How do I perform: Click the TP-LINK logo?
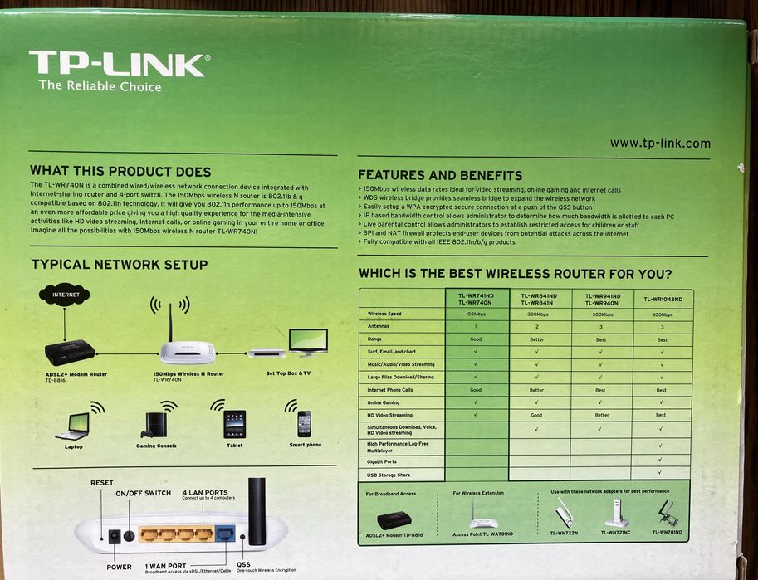118,65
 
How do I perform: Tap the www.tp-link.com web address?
660,143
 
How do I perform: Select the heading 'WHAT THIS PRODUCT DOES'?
120,171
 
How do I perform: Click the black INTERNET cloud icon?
66,295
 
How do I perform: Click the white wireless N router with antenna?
187,350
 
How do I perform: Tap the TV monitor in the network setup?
307,342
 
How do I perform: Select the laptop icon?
73,426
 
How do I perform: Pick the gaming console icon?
154,424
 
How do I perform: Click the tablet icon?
234,424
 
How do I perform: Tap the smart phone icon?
304,423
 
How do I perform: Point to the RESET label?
102,483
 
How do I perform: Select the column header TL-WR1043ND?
662,299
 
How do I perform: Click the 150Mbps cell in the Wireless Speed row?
476,314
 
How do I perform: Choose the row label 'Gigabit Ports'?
382,461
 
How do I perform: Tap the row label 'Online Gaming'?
384,402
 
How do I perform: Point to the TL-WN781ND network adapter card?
666,512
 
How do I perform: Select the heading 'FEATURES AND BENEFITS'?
440,175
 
